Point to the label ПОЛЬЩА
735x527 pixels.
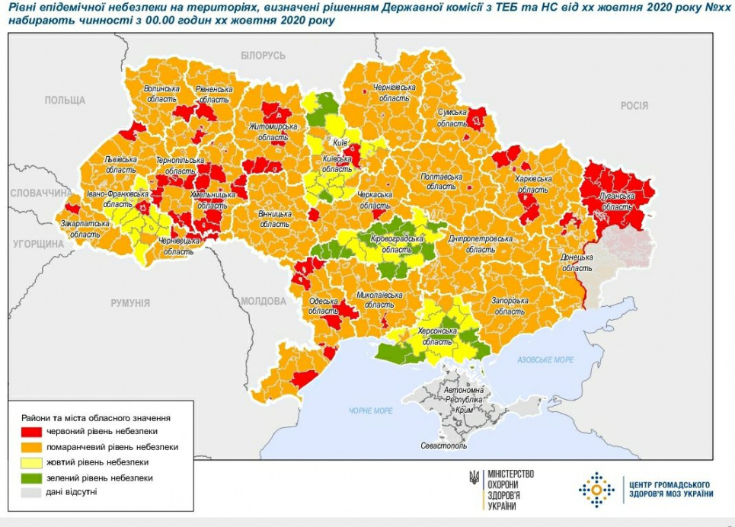click(65, 101)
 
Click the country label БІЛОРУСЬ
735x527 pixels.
click(263, 56)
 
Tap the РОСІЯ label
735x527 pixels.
click(634, 106)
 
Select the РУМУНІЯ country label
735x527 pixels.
click(129, 303)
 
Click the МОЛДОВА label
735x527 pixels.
click(263, 301)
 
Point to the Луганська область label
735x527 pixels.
click(616, 200)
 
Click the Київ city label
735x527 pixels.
click(340, 142)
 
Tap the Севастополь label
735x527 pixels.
click(443, 446)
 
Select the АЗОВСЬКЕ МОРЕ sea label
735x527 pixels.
click(545, 359)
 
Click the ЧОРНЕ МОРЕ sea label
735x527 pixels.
click(371, 410)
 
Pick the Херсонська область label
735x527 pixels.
click(437, 337)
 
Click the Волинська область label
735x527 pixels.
click(161, 94)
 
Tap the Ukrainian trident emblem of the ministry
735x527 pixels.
click(474, 477)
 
